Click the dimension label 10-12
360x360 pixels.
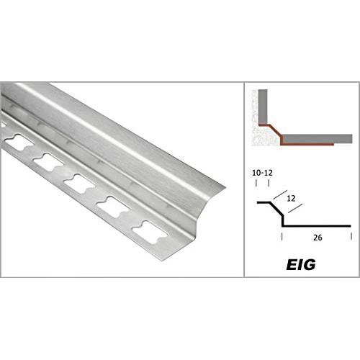tap(262, 173)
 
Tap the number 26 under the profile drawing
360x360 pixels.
tap(318, 238)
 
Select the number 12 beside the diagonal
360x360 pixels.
tap(291, 199)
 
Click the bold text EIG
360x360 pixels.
tap(301, 265)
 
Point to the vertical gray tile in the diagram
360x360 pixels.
tap(263, 107)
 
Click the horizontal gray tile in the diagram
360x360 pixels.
tap(318, 139)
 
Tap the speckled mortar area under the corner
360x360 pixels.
tap(265, 136)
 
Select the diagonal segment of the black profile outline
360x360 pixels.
tap(276, 210)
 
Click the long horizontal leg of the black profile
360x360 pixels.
tap(317, 226)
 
